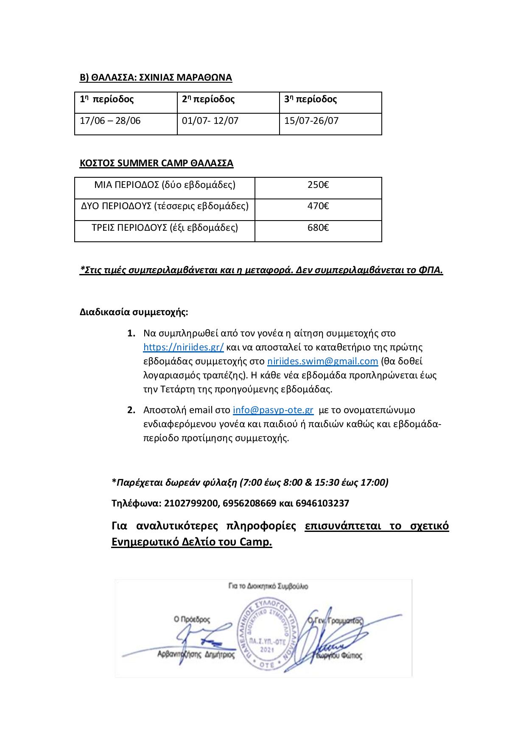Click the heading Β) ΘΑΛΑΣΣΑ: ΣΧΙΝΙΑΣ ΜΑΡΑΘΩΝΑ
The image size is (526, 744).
coord(156,77)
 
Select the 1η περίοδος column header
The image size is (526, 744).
coord(107,99)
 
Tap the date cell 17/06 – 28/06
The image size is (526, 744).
coord(110,120)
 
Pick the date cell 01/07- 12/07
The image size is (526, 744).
coord(210,120)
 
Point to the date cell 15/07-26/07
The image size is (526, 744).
coord(311,120)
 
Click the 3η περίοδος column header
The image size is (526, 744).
coord(311,99)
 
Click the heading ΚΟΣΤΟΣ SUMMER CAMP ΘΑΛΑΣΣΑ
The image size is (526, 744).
coord(157,163)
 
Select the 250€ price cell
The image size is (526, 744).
coord(318,185)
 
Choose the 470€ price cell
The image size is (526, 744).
coord(318,206)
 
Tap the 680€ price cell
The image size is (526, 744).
coord(318,228)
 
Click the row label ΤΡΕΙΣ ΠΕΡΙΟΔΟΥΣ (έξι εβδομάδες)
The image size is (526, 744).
coord(165,228)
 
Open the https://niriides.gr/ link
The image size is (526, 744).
coord(183,347)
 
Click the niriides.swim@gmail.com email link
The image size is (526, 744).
coord(322,361)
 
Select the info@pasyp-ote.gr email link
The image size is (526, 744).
coord(273,410)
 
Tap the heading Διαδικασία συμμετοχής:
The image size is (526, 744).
coord(134,312)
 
